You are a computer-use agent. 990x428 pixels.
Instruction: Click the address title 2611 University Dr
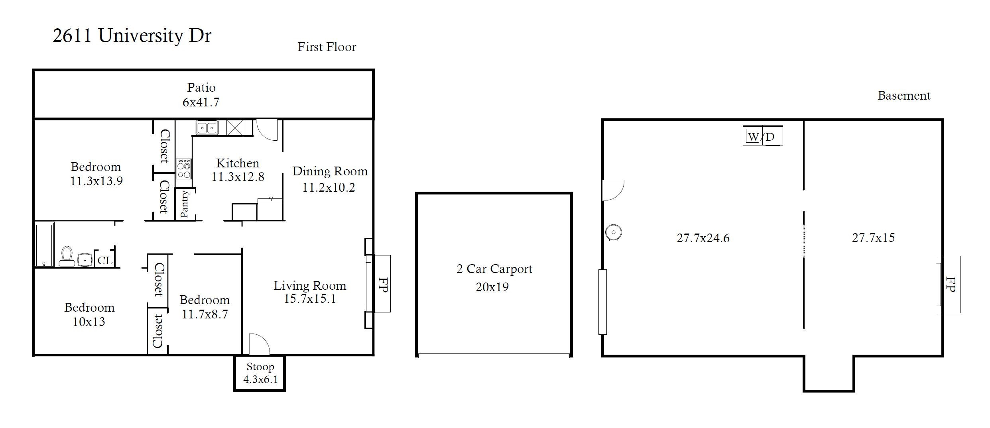132,36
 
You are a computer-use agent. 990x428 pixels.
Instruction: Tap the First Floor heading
327,47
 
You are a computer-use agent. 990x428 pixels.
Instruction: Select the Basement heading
904,96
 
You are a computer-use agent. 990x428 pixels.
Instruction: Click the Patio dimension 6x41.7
201,102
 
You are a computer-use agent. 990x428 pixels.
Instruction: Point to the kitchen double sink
207,128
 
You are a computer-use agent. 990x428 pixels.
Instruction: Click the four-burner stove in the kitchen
184,169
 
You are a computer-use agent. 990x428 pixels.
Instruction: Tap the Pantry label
184,204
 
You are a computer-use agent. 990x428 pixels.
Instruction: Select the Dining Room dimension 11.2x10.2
329,188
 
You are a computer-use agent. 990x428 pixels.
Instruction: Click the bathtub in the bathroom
44,245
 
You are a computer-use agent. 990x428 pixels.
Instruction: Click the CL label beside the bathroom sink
105,261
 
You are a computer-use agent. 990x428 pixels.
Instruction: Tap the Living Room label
310,285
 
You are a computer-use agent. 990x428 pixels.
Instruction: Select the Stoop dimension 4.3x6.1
260,379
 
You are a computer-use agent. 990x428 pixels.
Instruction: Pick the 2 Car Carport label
494,269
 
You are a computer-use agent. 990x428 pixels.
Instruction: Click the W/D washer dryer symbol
762,136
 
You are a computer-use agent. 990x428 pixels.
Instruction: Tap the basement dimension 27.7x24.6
703,238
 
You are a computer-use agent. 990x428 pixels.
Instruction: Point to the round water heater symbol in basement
613,232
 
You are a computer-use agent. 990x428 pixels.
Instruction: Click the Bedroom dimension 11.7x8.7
205,314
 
